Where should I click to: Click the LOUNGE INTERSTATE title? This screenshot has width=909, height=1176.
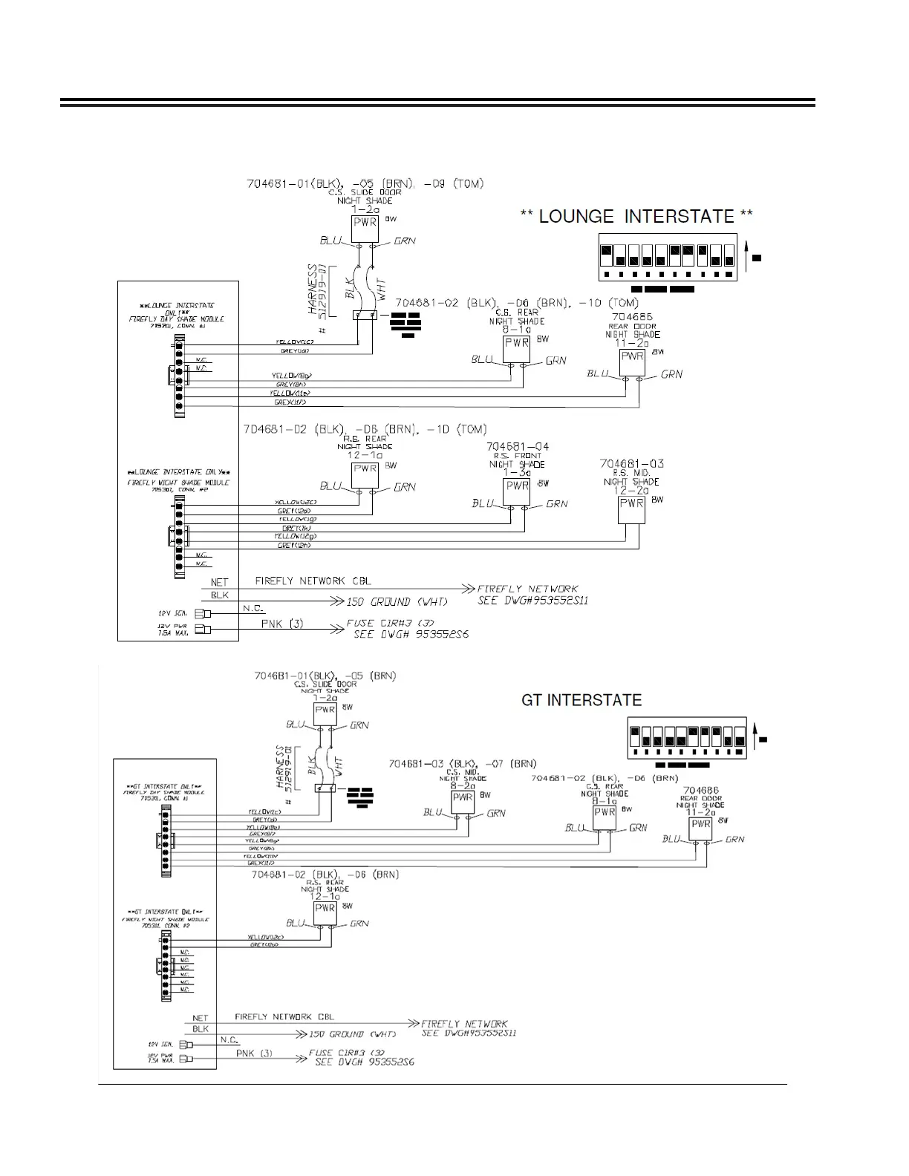tap(636, 217)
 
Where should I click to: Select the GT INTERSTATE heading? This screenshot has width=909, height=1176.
tap(581, 700)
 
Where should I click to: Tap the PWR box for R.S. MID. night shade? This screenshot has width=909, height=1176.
tap(631, 503)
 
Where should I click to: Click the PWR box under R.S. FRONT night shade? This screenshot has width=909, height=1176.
tap(517, 486)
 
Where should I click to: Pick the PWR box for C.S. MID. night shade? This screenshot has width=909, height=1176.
tap(463, 798)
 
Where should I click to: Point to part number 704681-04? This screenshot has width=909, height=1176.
tap(518, 446)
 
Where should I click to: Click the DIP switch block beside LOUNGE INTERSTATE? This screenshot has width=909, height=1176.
tap(668, 257)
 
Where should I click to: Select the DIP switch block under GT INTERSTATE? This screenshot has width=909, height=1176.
tap(687, 736)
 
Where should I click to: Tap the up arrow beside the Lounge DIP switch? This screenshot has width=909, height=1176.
tap(746, 258)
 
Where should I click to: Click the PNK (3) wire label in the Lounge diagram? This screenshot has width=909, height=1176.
tap(282, 624)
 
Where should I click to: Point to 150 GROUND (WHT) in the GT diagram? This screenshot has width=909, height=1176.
tap(352, 1034)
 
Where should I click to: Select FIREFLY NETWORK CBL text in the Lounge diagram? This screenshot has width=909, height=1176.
tap(313, 581)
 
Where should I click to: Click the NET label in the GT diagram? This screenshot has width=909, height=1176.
tap(201, 1019)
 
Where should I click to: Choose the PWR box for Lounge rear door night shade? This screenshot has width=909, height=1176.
tap(632, 356)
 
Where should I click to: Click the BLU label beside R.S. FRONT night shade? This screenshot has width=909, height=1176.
tap(482, 503)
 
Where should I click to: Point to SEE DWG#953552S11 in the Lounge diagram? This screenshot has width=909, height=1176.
tap(533, 600)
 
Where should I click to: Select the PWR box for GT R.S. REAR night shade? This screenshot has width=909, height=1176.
tap(325, 908)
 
